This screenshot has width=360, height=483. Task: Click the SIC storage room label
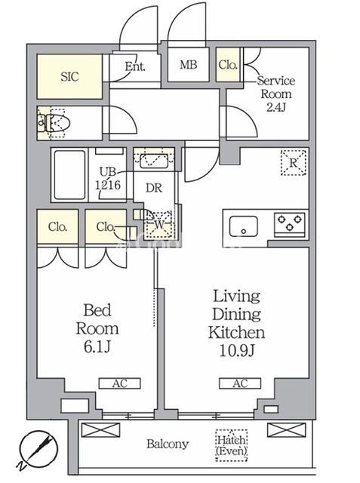point(69,76)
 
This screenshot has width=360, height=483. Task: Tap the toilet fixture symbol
point(54,123)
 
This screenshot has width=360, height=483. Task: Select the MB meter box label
point(188,65)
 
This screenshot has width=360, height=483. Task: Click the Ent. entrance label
point(135,66)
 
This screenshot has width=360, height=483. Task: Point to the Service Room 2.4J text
point(276,94)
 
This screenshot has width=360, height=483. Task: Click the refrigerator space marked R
point(294,163)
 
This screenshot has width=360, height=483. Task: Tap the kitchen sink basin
point(244,226)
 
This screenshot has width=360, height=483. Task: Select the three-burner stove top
point(290,224)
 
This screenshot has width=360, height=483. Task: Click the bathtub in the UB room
point(69,175)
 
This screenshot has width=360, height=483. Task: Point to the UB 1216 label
point(107,178)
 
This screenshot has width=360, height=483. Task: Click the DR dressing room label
point(154,188)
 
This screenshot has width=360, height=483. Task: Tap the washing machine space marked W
point(159,225)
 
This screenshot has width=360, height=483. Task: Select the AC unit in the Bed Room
point(119,383)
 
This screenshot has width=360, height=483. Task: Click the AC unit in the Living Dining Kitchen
point(240,383)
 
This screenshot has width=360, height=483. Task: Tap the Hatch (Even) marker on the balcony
point(231,445)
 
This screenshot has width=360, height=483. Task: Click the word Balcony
point(168,444)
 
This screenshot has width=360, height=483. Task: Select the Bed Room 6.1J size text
point(97,329)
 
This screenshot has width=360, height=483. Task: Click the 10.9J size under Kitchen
point(237,350)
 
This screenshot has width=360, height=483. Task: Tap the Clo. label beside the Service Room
point(228,65)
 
